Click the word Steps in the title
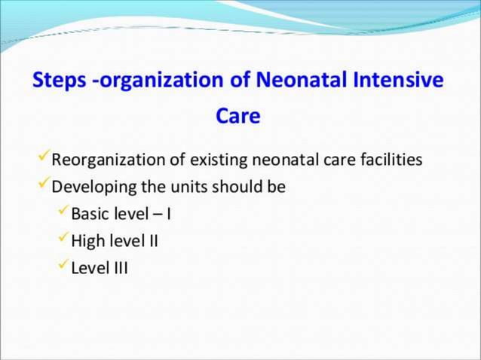pyautogui.click(x=57, y=81)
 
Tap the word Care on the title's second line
pyautogui.click(x=238, y=117)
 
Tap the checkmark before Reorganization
pyautogui.click(x=44, y=159)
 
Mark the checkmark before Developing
pyautogui.click(x=44, y=185)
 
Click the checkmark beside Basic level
pyautogui.click(x=63, y=212)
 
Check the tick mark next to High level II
pyautogui.click(x=63, y=239)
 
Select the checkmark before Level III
pyautogui.click(x=63, y=266)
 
